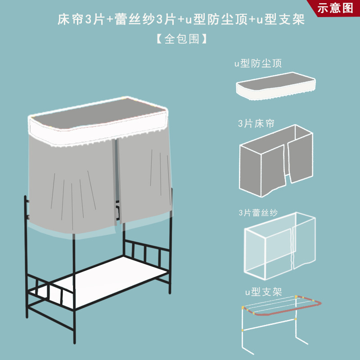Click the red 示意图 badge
336,8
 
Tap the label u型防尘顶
258,63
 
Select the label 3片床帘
256,123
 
